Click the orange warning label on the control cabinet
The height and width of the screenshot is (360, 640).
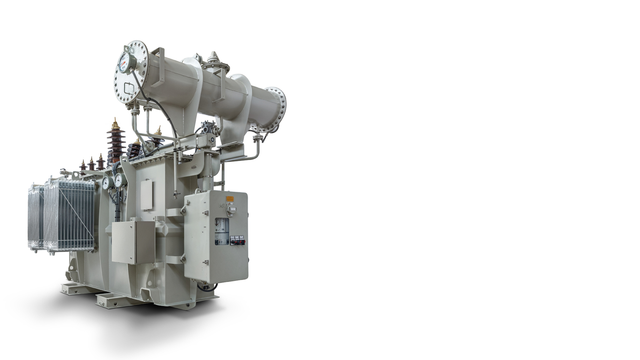230,199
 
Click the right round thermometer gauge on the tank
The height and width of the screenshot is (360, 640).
118,180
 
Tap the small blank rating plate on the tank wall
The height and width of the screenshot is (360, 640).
146,195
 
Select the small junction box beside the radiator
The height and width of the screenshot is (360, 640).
133,242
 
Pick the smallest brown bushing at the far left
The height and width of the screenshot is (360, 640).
83,166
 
